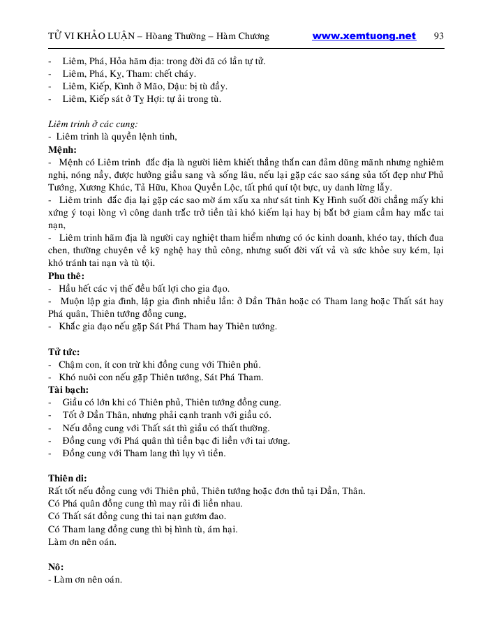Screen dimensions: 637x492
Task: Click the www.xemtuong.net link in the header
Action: click(364, 36)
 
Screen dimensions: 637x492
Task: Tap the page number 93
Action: click(439, 36)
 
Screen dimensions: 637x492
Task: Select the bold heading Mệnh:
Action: click(62, 149)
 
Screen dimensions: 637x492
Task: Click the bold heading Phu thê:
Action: click(67, 276)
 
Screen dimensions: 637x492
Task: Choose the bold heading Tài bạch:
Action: click(68, 390)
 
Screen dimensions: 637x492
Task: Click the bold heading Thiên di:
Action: click(67, 479)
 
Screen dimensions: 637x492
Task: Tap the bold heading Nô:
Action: click(55, 567)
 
